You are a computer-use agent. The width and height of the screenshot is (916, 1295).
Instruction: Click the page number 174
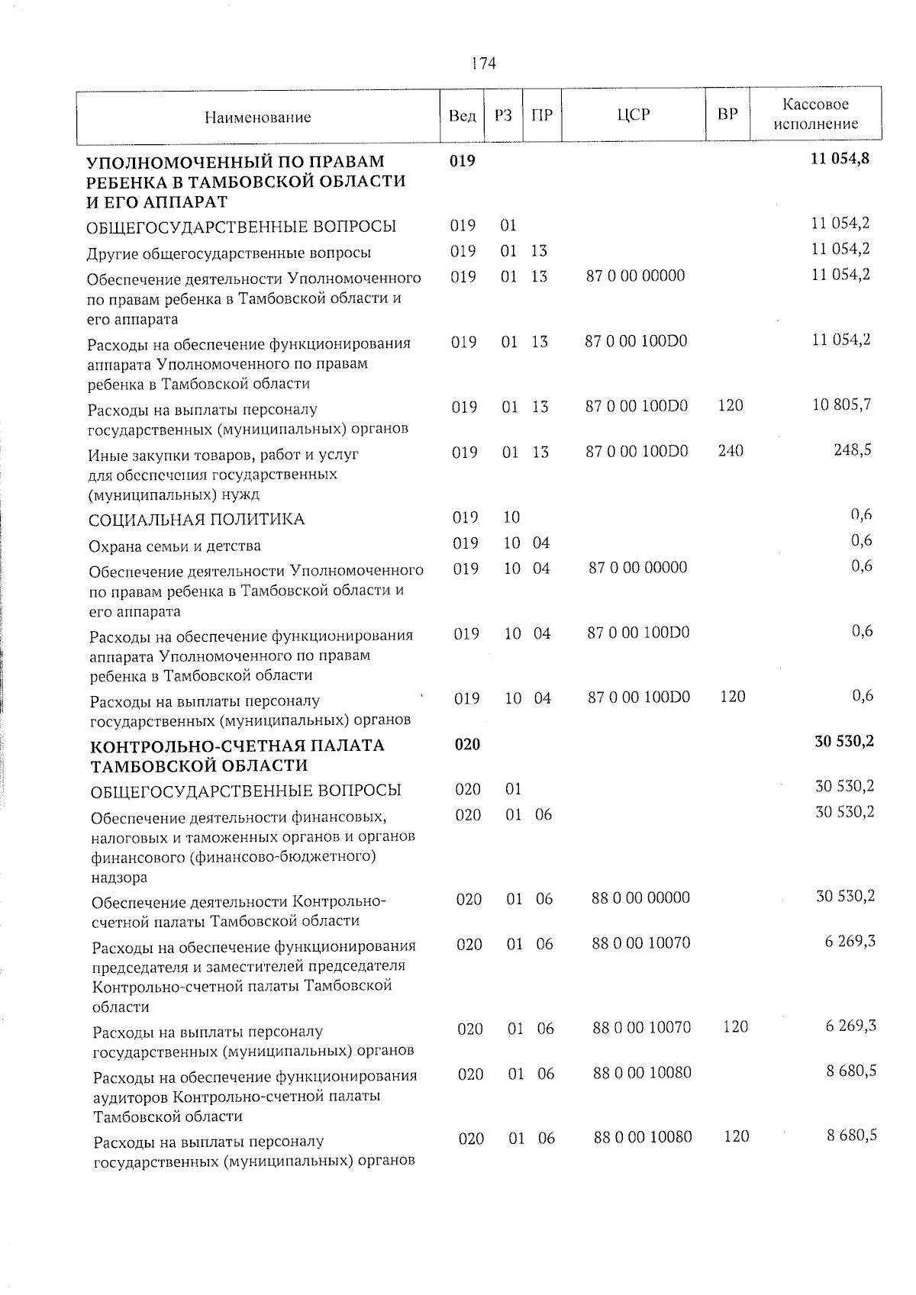point(483,63)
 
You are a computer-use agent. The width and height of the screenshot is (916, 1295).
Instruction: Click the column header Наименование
point(257,118)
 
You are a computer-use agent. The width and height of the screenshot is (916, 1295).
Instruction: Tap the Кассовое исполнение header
point(815,114)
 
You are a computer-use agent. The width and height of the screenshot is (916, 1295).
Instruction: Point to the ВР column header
point(727,114)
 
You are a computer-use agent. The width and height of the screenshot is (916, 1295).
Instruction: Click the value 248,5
point(853,449)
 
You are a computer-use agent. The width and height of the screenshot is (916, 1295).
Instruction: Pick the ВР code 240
point(731,450)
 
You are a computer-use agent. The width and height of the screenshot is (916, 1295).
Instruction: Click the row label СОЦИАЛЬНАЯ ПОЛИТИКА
point(197,520)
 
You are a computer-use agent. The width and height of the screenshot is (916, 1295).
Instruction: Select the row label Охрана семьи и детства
point(175,546)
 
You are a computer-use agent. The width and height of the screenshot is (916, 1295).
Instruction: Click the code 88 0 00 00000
point(640,897)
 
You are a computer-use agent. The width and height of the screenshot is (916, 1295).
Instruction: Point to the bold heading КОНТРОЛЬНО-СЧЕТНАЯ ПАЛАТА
point(237,745)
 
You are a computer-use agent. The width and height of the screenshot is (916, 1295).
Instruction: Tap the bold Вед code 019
point(463,161)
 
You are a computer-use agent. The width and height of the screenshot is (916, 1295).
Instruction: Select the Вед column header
point(462,116)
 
